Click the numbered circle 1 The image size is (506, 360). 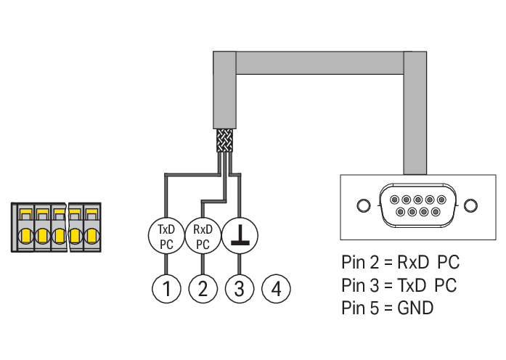166,288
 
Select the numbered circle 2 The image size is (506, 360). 203,288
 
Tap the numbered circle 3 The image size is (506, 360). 239,288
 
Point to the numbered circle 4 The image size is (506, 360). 275,288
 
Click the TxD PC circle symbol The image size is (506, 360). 166,236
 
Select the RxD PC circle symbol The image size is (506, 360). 203,236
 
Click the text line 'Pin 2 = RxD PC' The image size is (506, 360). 400,261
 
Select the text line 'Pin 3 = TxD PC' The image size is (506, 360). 399,285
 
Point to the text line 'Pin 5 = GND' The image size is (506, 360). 387,308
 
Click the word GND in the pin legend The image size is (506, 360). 415,308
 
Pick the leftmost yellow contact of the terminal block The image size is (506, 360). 25,236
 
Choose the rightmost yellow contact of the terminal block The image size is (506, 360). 91,236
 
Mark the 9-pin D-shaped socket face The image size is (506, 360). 416,206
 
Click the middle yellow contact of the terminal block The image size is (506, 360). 58,236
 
